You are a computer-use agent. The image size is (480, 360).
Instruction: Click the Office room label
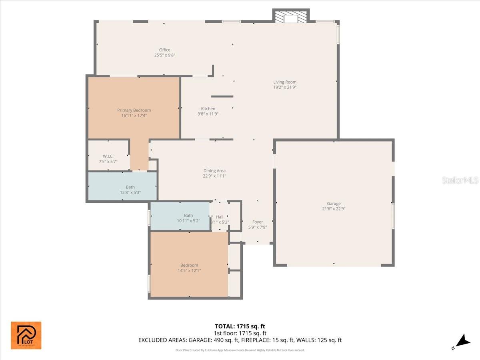click(165, 50)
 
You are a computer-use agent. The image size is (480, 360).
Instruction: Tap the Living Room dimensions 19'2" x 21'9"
click(285, 87)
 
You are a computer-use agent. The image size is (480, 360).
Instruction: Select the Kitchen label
click(208, 109)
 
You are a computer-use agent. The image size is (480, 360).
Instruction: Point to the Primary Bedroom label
click(134, 110)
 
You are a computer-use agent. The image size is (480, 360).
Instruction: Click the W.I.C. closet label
click(108, 156)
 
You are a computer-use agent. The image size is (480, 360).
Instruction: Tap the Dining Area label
click(214, 171)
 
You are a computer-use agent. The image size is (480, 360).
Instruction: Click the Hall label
click(220, 217)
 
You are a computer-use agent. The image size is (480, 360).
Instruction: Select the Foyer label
click(258, 222)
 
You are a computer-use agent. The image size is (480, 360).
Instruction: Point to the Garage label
click(334, 204)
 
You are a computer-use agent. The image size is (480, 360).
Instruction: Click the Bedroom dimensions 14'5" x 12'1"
click(189, 270)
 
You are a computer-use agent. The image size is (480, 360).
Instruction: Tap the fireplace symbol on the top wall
click(291, 17)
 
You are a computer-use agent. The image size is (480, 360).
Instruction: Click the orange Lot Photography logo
click(26, 335)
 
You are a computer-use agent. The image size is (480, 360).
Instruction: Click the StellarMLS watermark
click(460, 180)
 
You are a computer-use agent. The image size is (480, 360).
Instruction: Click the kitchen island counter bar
click(222, 96)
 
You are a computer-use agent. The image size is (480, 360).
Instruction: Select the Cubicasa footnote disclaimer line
click(240, 350)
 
